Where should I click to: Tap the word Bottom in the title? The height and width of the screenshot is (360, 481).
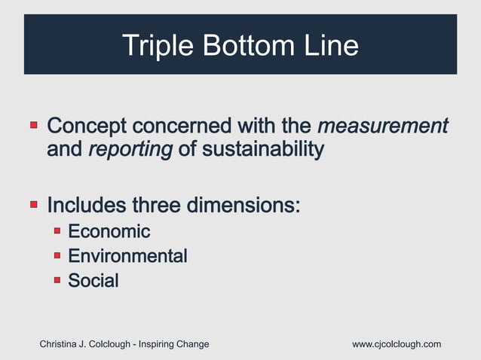tap(243, 46)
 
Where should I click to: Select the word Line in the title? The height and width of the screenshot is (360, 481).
tap(328, 46)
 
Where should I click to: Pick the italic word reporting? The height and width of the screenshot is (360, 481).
tap(130, 149)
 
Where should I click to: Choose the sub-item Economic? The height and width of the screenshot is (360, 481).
tap(109, 231)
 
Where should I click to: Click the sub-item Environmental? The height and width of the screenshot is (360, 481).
tap(127, 256)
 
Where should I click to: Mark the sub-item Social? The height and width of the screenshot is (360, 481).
tap(93, 281)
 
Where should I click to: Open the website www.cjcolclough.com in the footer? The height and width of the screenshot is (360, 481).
tap(397, 344)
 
